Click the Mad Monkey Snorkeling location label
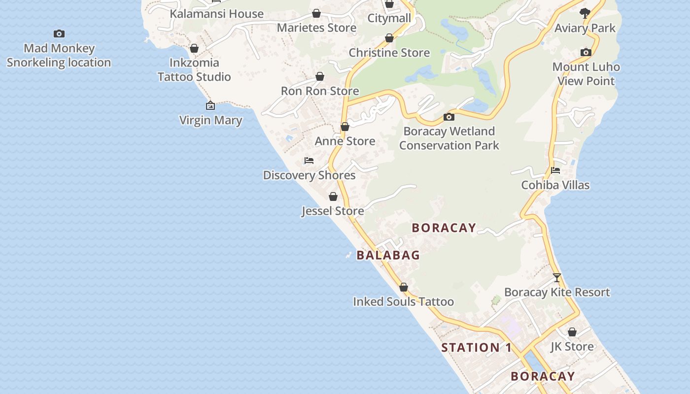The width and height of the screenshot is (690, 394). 59,55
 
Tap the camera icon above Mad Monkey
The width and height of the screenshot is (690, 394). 59,33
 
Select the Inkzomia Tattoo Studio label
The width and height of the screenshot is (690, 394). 194,69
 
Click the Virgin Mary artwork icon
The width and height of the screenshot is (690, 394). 210,105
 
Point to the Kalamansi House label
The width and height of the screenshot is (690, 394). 216,14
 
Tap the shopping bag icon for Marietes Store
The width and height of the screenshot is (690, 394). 316,13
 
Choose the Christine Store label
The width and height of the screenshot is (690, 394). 389,53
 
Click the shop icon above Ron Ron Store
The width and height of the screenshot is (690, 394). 320,76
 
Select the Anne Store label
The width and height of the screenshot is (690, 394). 345,141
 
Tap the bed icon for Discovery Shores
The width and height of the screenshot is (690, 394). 309,161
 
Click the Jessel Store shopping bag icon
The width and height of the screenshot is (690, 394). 333,197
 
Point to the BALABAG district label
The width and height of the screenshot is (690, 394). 388,255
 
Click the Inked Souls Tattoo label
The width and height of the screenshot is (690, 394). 403,301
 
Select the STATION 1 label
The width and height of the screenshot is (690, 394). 476,348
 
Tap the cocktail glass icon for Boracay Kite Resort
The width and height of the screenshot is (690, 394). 557,278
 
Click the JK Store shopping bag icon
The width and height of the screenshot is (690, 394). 572,332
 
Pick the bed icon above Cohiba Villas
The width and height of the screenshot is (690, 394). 555,170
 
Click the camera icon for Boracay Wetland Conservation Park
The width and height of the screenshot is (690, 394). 448,117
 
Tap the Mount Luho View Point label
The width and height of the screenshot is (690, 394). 586,74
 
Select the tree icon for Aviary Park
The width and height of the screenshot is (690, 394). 585,13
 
